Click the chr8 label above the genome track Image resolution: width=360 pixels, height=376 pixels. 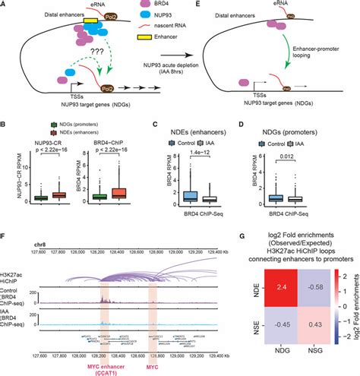pos(41,245)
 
